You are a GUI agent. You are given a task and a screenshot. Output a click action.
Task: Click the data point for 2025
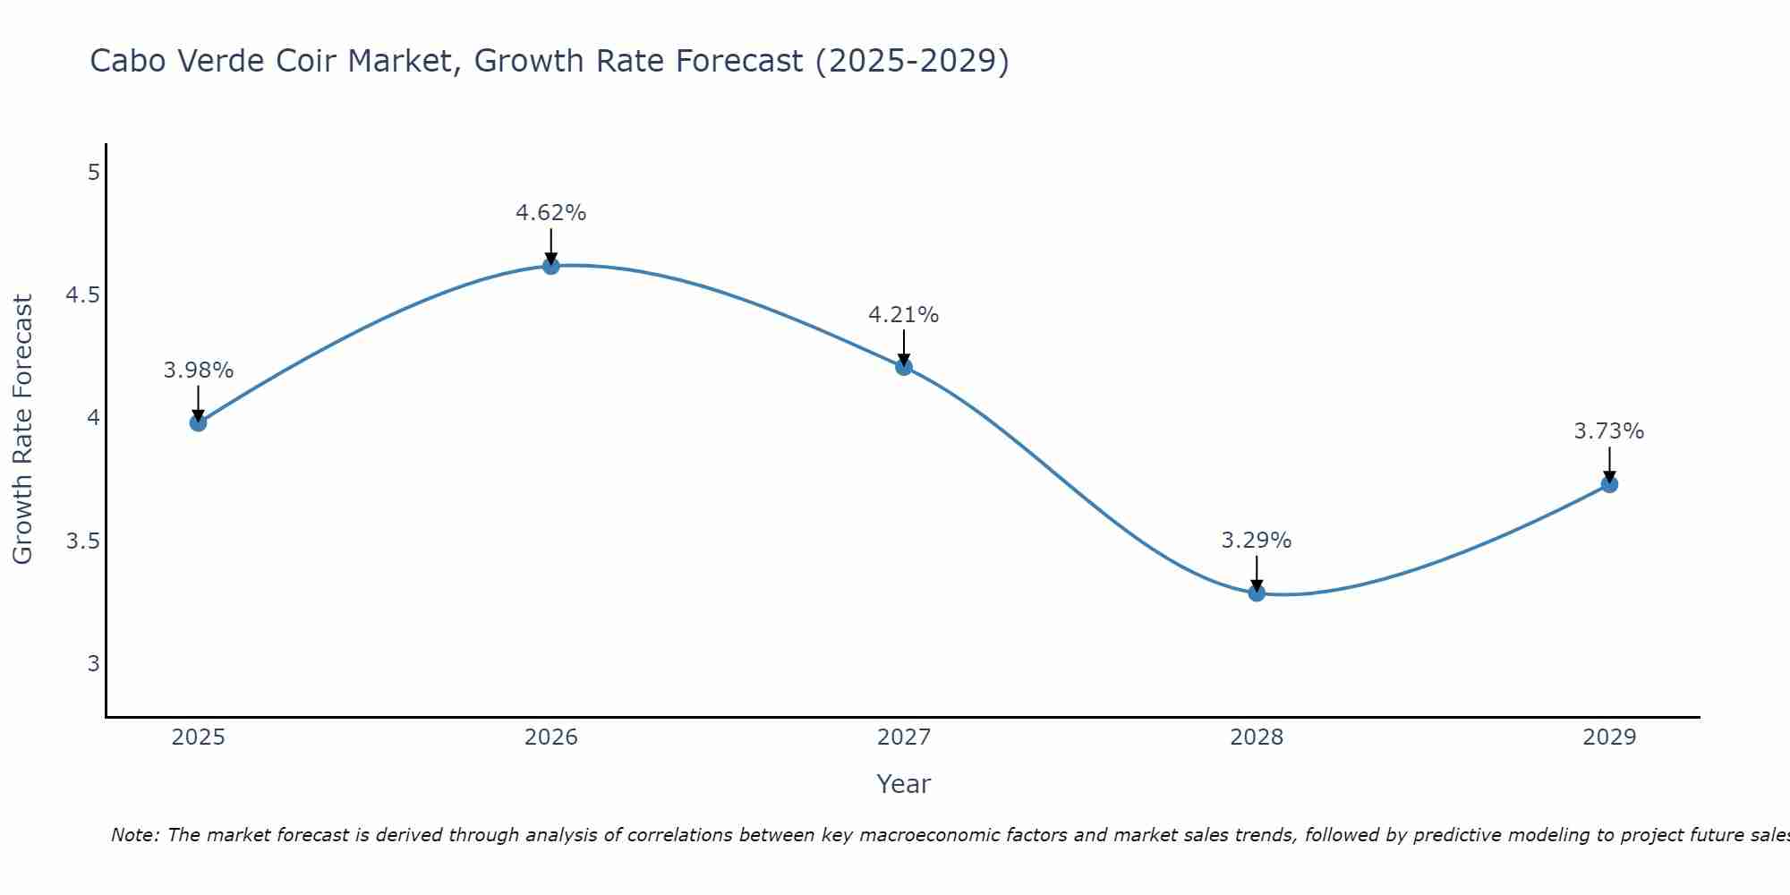click(198, 422)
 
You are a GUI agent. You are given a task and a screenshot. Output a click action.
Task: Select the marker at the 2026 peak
click(551, 266)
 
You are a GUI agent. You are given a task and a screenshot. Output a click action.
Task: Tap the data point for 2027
click(904, 366)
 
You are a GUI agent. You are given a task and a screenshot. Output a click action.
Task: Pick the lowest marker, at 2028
click(1257, 592)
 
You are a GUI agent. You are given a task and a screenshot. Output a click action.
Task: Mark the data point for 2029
click(1609, 484)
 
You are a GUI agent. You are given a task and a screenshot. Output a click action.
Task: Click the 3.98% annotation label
click(198, 371)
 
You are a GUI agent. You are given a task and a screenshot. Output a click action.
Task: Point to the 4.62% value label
click(551, 213)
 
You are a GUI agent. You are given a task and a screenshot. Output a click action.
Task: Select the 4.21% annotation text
click(904, 315)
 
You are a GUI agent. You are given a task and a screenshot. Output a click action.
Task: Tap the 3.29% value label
click(1257, 541)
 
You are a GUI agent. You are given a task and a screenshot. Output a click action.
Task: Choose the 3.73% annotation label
click(1609, 431)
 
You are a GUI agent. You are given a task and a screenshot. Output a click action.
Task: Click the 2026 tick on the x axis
click(551, 737)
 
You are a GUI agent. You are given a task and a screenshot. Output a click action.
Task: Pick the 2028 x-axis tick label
click(1257, 737)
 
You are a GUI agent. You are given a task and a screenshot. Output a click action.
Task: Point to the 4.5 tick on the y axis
click(82, 295)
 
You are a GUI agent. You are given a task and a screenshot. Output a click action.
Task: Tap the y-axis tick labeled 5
click(93, 172)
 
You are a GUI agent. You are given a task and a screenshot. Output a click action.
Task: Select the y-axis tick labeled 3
click(93, 664)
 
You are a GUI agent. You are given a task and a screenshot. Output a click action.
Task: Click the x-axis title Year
click(904, 784)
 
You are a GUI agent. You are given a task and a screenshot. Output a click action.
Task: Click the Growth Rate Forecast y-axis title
click(22, 430)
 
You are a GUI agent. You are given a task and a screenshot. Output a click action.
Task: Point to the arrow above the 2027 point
click(904, 347)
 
